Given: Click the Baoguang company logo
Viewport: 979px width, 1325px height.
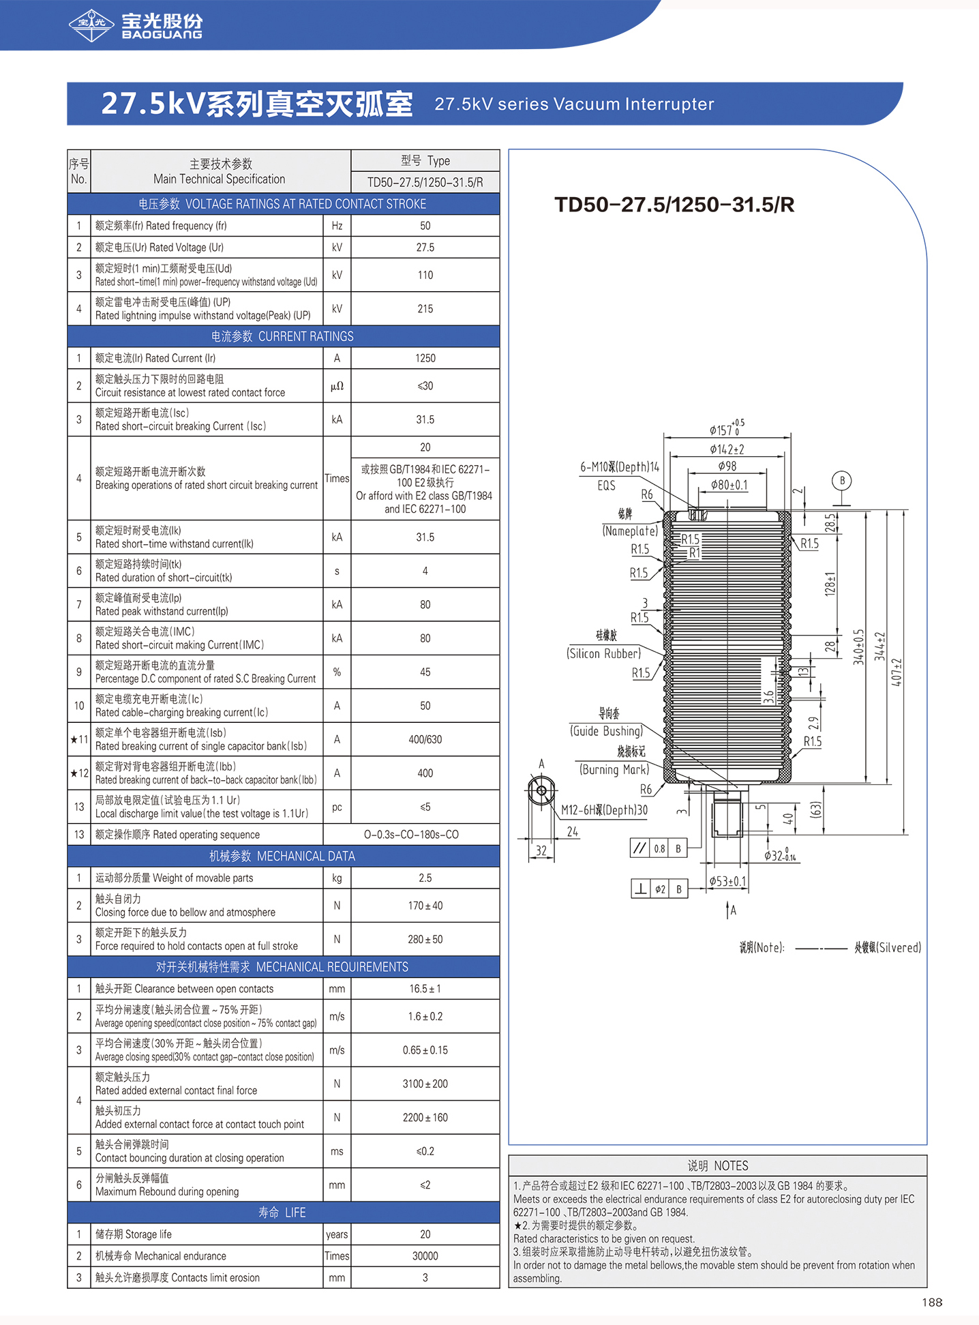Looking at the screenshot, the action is pos(136,25).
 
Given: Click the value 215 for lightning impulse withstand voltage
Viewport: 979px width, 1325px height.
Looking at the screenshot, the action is pos(425,309).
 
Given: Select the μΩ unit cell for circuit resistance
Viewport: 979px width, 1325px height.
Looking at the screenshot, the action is pos(337,386).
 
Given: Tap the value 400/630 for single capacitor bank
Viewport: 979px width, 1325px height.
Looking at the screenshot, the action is pos(425,739).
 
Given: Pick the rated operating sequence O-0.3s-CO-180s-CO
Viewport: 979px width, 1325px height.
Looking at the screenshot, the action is pos(411,835).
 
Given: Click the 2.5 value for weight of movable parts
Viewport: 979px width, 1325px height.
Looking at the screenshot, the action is pos(425,878).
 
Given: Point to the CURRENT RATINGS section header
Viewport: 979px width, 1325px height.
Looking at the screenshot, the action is pos(282,336).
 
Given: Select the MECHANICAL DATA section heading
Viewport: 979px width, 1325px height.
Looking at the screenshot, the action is pos(282,856).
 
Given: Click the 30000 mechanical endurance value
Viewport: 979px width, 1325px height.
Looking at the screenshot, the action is pos(425,1256).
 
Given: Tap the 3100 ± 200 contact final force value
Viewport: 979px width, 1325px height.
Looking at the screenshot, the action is pos(425,1084).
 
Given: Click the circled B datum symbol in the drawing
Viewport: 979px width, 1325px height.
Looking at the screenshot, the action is pos(842,481).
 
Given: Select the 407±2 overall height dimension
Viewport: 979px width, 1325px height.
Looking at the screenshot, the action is pos(897,672).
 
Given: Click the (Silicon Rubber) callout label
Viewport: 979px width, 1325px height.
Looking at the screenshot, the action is pos(604,653).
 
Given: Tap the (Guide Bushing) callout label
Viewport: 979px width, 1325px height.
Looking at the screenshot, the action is pos(607,731).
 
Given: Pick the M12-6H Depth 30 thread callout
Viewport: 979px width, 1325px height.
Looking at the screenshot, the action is pos(605,810).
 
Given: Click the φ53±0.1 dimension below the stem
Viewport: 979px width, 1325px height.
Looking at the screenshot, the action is pos(728,881).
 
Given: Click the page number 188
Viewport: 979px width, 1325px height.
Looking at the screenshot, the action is pos(932,1302).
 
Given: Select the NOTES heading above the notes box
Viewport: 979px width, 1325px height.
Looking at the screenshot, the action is pos(717,1166).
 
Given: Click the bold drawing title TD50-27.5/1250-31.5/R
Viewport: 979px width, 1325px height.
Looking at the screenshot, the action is pos(674,205).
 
